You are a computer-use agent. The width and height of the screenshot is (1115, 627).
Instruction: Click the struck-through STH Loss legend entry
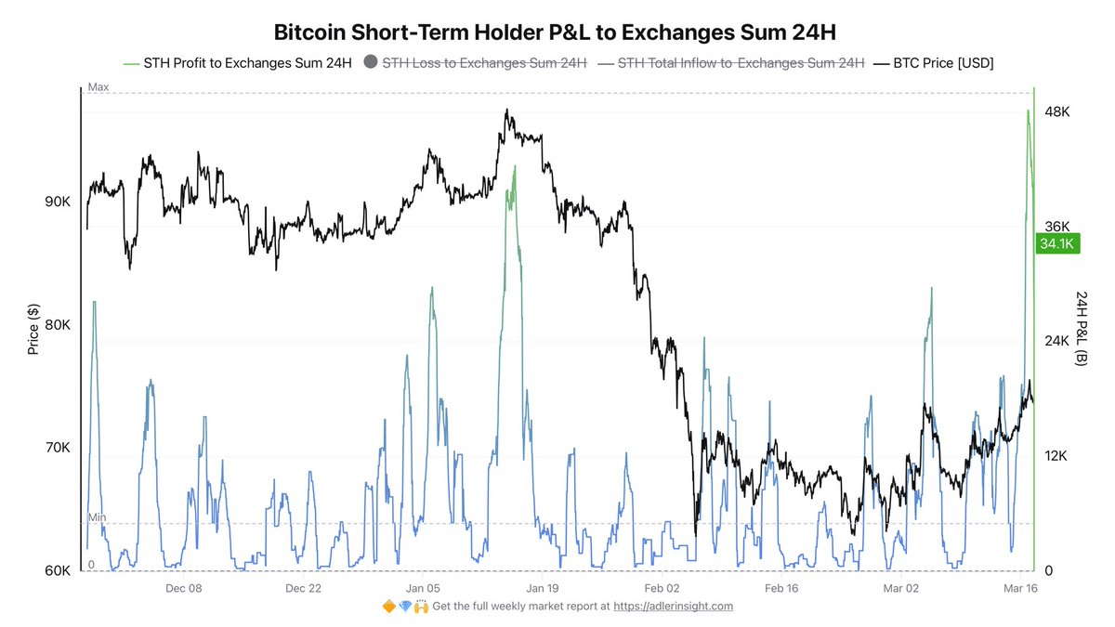tap(483, 62)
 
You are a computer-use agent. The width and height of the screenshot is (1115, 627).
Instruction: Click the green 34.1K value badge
tap(1056, 244)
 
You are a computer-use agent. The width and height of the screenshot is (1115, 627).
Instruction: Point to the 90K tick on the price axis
tap(58, 202)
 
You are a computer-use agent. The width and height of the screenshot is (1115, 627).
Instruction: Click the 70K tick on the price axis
tap(58, 448)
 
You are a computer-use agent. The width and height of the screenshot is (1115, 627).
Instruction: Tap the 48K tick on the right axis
tap(1057, 111)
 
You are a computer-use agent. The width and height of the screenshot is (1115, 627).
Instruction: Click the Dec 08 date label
tap(183, 588)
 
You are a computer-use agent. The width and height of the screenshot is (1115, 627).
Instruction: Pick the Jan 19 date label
tap(542, 588)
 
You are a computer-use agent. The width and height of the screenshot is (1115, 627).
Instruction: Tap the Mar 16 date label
tap(1021, 588)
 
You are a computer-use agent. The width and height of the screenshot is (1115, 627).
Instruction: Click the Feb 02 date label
tap(662, 588)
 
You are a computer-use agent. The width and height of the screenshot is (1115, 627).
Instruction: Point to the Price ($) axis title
tap(33, 330)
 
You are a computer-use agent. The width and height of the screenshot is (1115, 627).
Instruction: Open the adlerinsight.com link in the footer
tap(673, 607)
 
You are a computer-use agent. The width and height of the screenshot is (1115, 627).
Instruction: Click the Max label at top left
tap(98, 87)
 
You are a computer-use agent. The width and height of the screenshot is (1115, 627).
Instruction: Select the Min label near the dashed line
tap(97, 516)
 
